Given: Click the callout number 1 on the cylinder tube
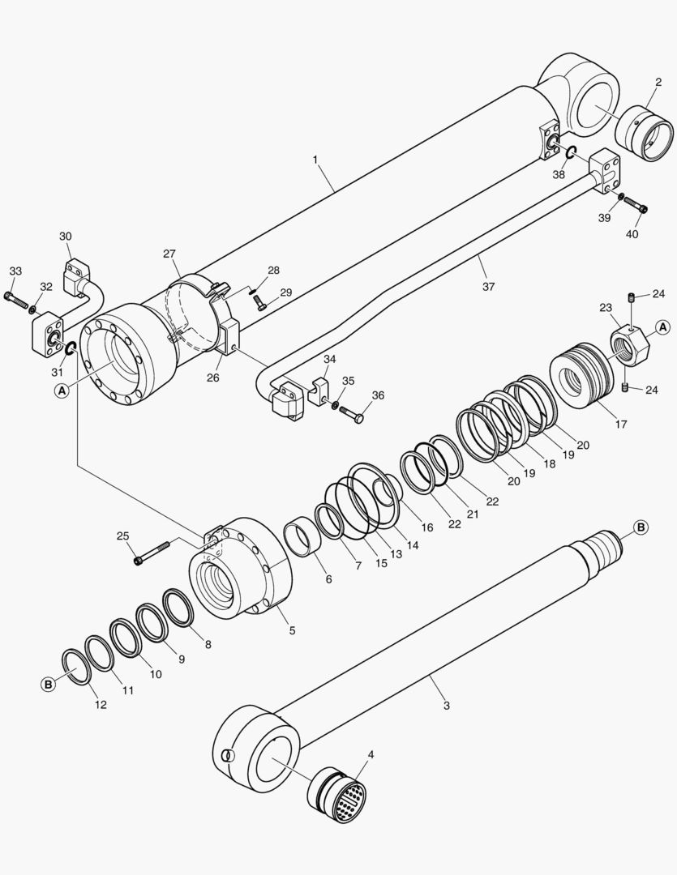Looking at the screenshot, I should click(315, 160).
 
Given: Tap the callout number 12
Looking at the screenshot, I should click(101, 705).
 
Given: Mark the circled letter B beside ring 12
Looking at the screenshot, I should click(49, 685).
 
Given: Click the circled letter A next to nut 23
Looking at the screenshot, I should click(662, 327).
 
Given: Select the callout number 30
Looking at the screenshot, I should click(66, 236).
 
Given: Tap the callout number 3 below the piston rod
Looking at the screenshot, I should click(446, 705).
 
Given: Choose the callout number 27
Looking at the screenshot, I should click(169, 254).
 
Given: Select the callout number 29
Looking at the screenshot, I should click(285, 292).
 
